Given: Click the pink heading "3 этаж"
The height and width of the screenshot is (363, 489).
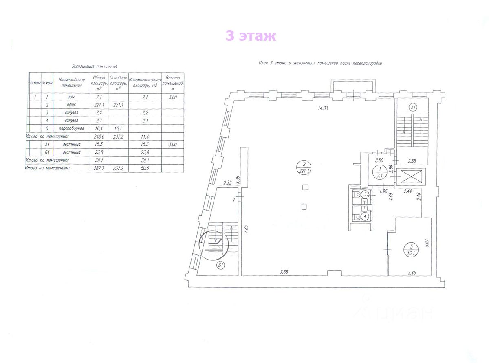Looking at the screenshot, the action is click(x=251, y=36).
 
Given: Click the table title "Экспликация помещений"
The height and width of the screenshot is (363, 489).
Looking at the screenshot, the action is click(x=95, y=66).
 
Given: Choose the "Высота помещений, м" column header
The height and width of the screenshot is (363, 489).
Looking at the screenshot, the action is click(x=173, y=83).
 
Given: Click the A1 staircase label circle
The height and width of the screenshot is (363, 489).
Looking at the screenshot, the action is click(x=413, y=108).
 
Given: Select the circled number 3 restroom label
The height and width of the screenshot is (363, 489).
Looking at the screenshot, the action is click(x=366, y=195).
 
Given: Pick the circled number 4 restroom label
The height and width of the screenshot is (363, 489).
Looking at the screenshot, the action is click(x=366, y=216).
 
